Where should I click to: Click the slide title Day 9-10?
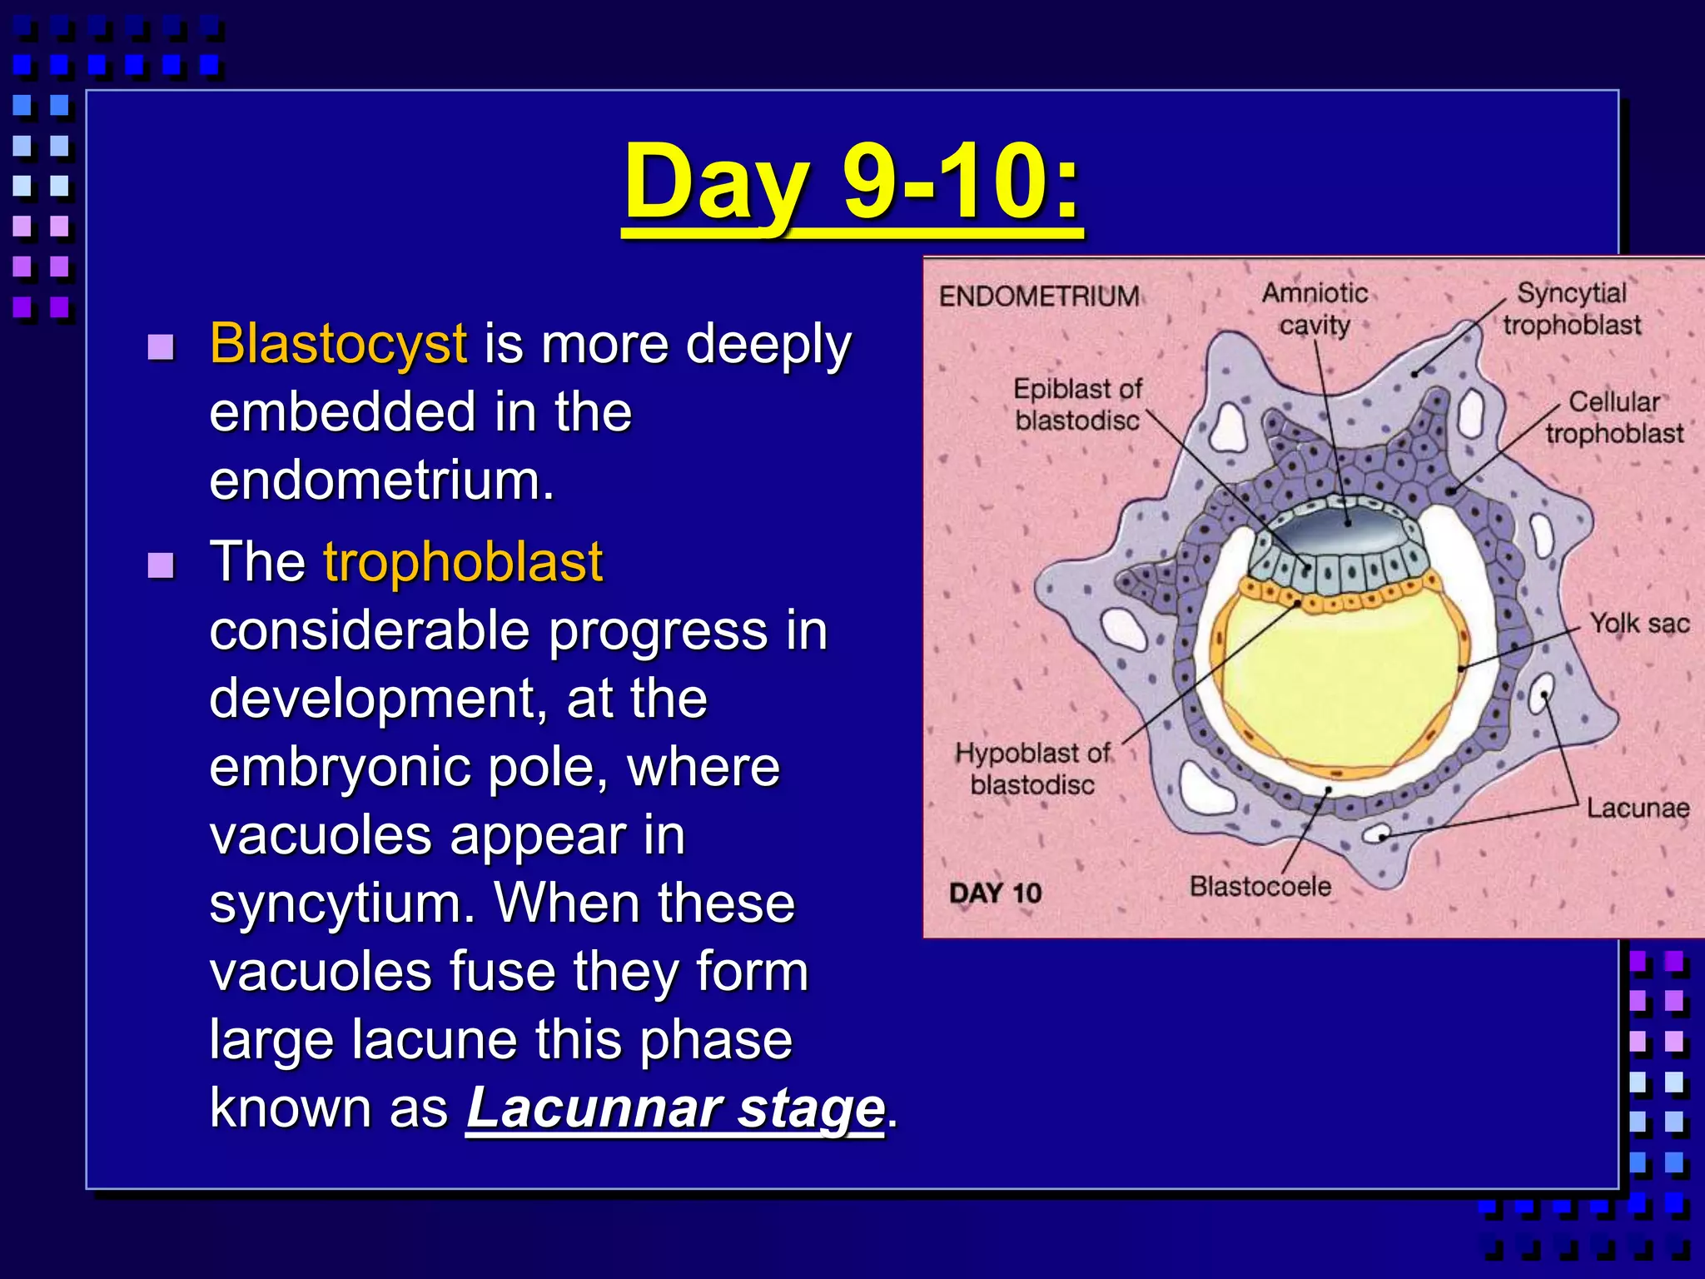click(x=852, y=183)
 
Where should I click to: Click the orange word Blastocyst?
click(x=337, y=343)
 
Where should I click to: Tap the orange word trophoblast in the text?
click(x=462, y=562)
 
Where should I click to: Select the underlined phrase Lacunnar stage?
click(x=674, y=1108)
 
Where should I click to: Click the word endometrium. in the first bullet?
click(x=381, y=481)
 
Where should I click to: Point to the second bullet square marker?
click(x=160, y=565)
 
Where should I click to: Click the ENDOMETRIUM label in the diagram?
click(x=1039, y=296)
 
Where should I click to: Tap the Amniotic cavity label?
click(x=1315, y=308)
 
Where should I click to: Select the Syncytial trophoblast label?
click(x=1571, y=308)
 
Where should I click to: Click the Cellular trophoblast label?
click(x=1613, y=417)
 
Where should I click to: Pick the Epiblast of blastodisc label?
click(x=1077, y=404)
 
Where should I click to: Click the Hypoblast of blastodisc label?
click(x=1032, y=769)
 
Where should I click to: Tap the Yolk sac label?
click(x=1639, y=623)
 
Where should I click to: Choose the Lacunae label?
click(x=1638, y=808)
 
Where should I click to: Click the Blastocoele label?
click(x=1260, y=886)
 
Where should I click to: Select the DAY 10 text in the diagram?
click(x=996, y=893)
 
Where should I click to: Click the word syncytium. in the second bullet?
click(x=342, y=903)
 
